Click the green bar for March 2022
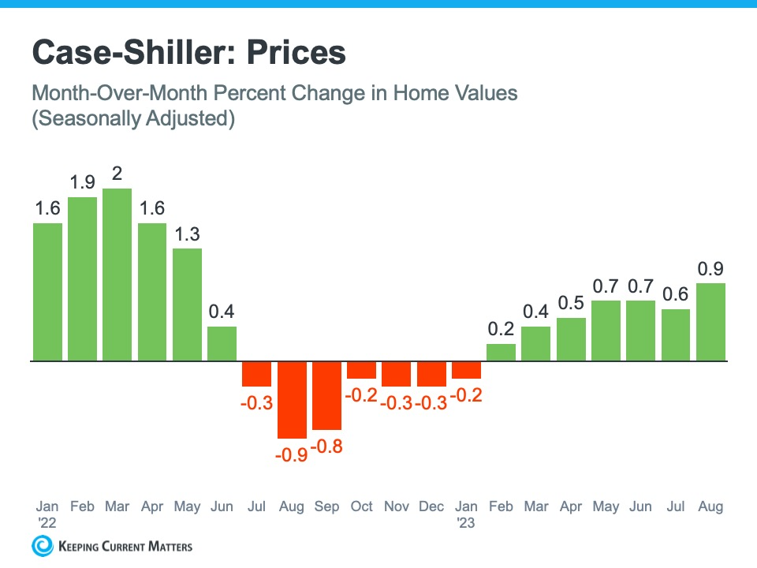click(117, 275)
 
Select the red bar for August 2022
click(292, 400)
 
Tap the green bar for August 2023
click(710, 322)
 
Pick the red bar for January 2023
click(466, 370)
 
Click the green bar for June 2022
click(222, 344)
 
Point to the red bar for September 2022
click(326, 395)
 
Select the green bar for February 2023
click(501, 353)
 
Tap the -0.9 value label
click(291, 455)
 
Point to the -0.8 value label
click(326, 446)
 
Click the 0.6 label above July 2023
click(676, 294)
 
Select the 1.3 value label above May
click(187, 235)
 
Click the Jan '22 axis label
click(47, 513)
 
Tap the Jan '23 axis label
click(466, 513)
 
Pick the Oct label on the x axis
click(361, 506)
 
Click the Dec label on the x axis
click(431, 506)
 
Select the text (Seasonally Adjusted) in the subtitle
click(133, 121)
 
